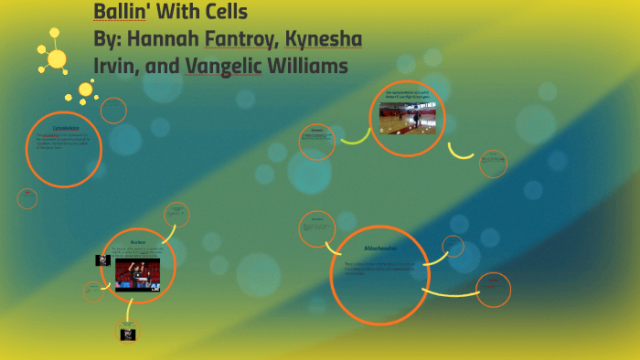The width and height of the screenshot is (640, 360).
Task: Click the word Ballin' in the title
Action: pyautogui.click(x=124, y=13)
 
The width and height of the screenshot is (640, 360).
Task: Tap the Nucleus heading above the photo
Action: pyautogui.click(x=138, y=242)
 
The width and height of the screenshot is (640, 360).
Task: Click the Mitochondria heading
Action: pyautogui.click(x=379, y=249)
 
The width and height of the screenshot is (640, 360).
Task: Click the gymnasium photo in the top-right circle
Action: pyautogui.click(x=407, y=118)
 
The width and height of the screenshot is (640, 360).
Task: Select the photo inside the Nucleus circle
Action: pyautogui.click(x=137, y=271)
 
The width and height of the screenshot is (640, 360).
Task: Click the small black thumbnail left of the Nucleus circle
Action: pyautogui.click(x=102, y=260)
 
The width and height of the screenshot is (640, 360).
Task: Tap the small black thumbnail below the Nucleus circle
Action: pyautogui.click(x=128, y=334)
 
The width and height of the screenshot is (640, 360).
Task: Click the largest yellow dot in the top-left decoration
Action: pyautogui.click(x=57, y=58)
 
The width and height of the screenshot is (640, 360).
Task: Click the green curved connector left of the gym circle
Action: pyautogui.click(x=355, y=138)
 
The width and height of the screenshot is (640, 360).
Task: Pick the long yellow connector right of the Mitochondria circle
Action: pyautogui.click(x=450, y=292)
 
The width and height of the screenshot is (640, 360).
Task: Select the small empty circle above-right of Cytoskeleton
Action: pyautogui.click(x=113, y=111)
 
